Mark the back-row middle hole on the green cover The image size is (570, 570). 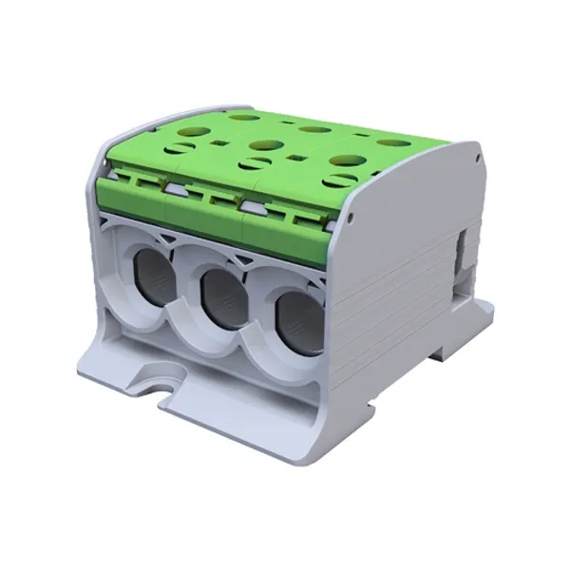pyautogui.click(x=310, y=129)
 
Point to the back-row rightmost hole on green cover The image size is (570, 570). pyautogui.click(x=389, y=142)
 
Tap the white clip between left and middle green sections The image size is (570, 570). pyautogui.click(x=174, y=190)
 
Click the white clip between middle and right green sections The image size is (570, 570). pyautogui.click(x=252, y=203)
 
